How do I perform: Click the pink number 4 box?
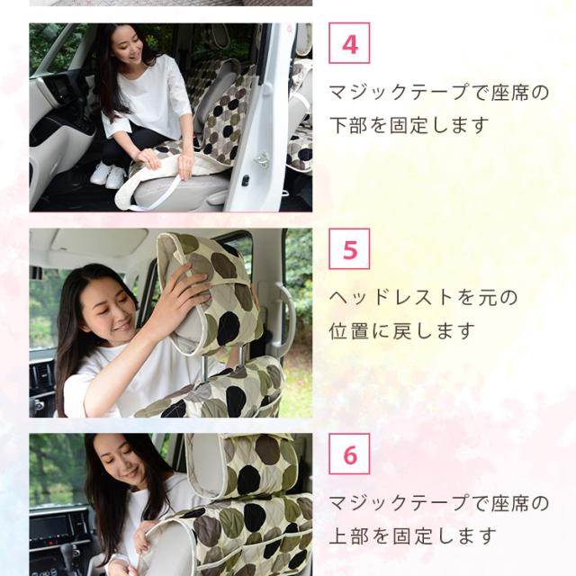[349, 43]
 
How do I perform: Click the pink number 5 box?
[349, 248]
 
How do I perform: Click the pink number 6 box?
[349, 454]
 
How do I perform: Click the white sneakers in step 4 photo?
[108, 175]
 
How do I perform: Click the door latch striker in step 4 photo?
[262, 160]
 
